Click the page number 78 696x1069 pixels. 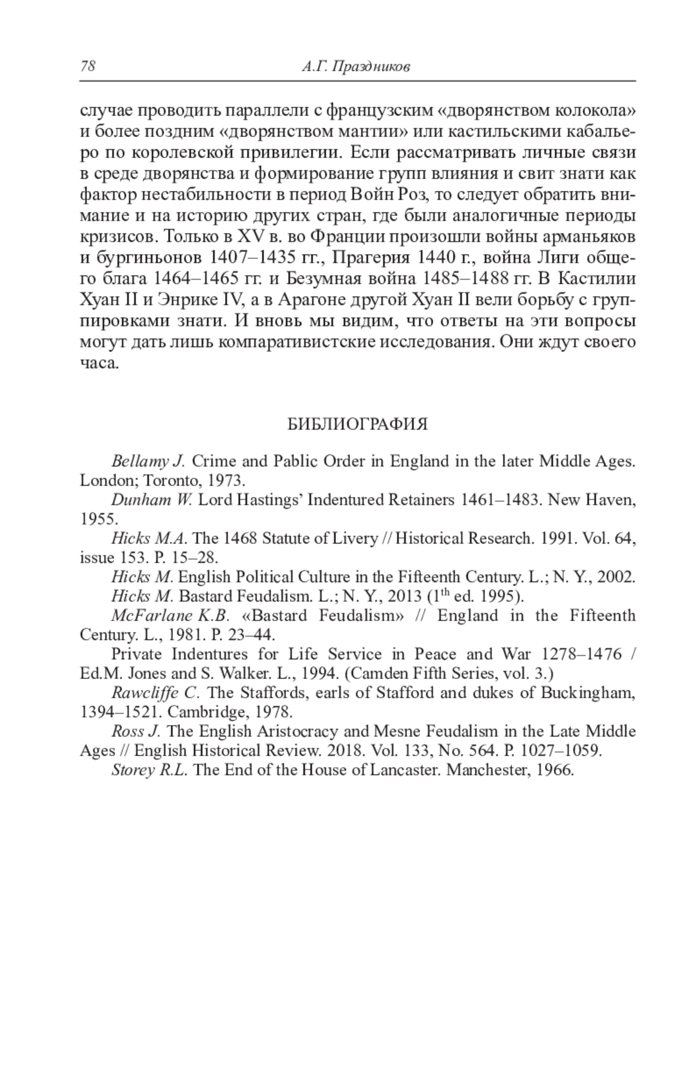88,66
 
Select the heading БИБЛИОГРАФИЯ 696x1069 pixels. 357,425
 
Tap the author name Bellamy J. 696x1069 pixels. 147,462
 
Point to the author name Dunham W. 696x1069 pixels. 151,500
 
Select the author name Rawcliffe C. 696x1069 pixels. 155,693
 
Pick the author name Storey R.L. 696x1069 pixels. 149,770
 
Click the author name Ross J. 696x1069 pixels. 135,731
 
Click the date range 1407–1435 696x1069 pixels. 250,258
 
